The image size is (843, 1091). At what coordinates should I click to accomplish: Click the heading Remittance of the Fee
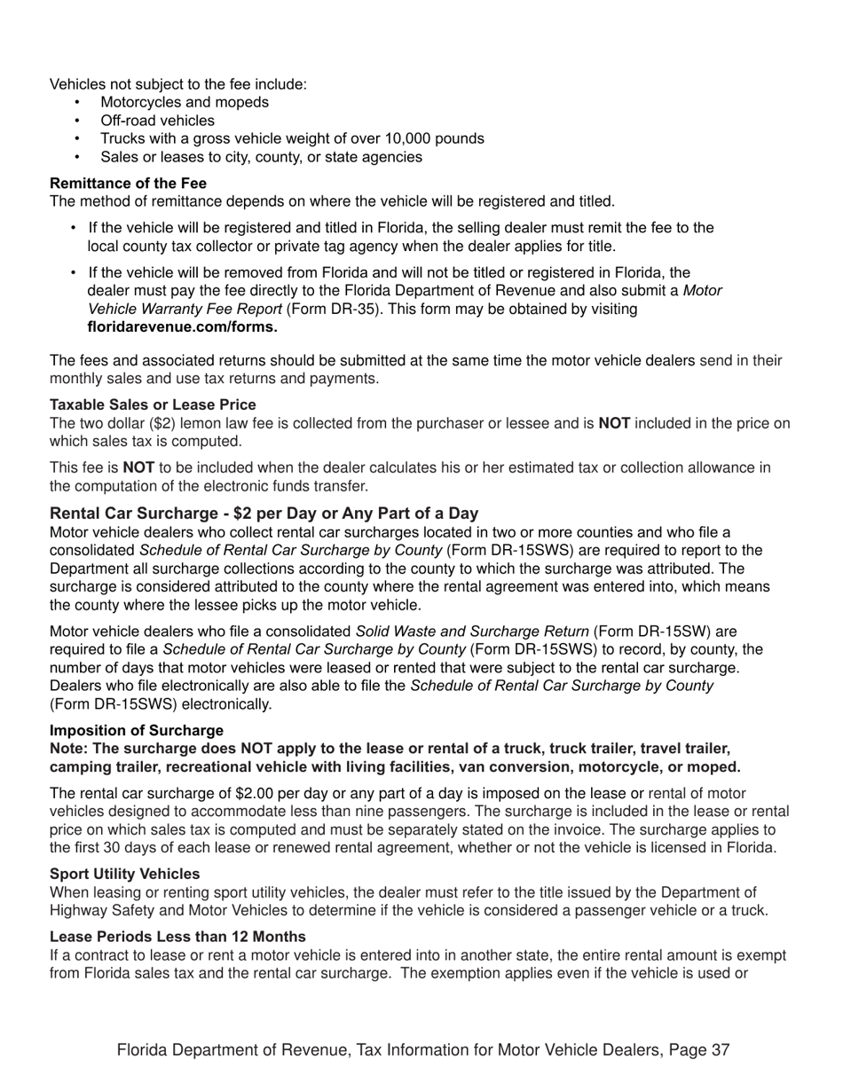[x=128, y=184]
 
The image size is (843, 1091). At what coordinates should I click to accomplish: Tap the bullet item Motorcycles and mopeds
[x=185, y=102]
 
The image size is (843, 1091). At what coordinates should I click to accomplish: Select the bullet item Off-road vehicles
[x=157, y=121]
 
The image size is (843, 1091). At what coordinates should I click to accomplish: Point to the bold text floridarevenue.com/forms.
[x=182, y=327]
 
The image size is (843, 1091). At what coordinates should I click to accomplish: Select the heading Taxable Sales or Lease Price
[x=153, y=404]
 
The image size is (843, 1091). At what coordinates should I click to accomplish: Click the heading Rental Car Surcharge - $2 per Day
[x=264, y=513]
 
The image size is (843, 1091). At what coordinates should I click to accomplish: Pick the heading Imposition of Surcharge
[x=137, y=730]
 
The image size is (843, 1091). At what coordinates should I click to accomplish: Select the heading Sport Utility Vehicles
[x=124, y=874]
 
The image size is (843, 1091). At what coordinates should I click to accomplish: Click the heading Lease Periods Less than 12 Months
[x=177, y=937]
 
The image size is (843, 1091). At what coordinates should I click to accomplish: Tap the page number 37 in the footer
[x=720, y=1050]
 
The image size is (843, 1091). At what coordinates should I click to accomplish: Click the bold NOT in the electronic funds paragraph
[x=138, y=467]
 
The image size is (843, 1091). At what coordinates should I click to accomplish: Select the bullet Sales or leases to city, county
[x=261, y=157]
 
